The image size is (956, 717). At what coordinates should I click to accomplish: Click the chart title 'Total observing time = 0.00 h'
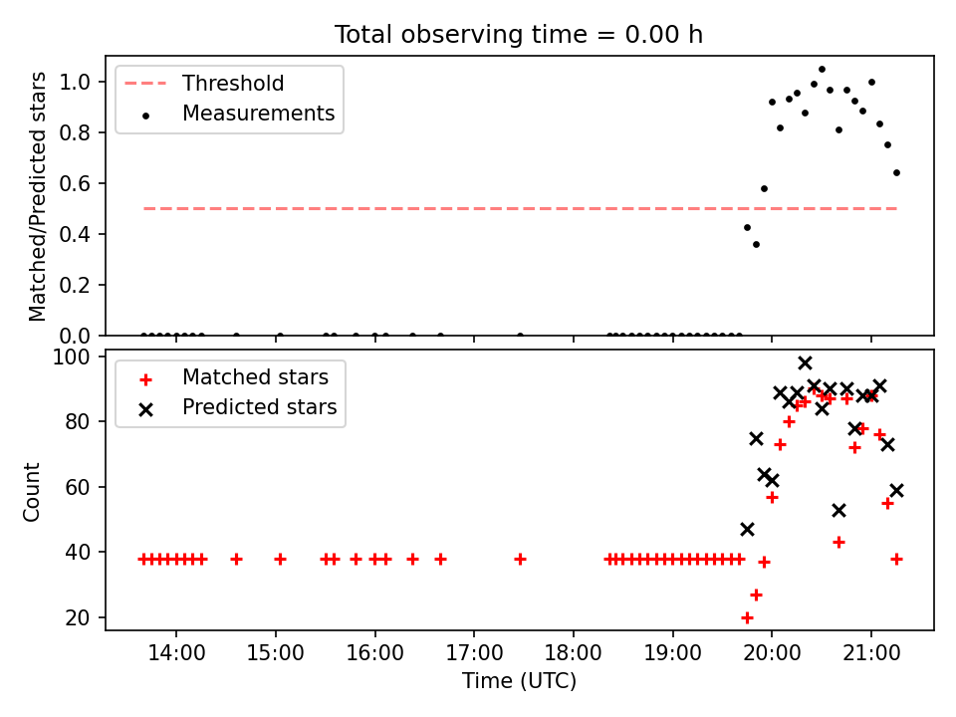pyautogui.click(x=518, y=35)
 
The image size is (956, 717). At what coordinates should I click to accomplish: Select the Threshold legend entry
pyautogui.click(x=204, y=83)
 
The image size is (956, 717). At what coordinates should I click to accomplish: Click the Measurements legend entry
pyautogui.click(x=238, y=114)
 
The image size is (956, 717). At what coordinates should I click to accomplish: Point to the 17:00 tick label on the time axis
pyautogui.click(x=474, y=653)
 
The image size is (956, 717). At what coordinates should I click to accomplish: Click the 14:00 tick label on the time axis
pyautogui.click(x=176, y=653)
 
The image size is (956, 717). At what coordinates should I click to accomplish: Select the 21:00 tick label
pyautogui.click(x=870, y=653)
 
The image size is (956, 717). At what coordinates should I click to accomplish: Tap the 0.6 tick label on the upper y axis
pyautogui.click(x=75, y=183)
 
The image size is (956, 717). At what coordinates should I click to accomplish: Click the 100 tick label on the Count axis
pyautogui.click(x=71, y=357)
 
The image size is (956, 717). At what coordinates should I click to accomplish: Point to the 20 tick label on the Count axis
pyautogui.click(x=78, y=617)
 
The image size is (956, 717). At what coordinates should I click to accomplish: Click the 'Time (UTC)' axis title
pyautogui.click(x=519, y=680)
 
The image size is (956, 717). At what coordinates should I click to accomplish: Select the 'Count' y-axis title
pyautogui.click(x=31, y=492)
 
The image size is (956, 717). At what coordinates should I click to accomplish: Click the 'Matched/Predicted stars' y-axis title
pyautogui.click(x=37, y=196)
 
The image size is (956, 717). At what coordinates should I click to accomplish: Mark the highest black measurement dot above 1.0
pyautogui.click(x=822, y=70)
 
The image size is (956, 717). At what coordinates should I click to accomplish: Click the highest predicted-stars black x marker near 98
pyautogui.click(x=805, y=363)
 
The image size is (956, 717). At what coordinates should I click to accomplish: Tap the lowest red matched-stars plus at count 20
pyautogui.click(x=747, y=617)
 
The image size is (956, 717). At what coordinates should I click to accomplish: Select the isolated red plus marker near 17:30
pyautogui.click(x=520, y=559)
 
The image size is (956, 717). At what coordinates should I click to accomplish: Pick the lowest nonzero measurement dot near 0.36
pyautogui.click(x=756, y=245)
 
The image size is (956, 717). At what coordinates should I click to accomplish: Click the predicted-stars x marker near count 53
pyautogui.click(x=838, y=510)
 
